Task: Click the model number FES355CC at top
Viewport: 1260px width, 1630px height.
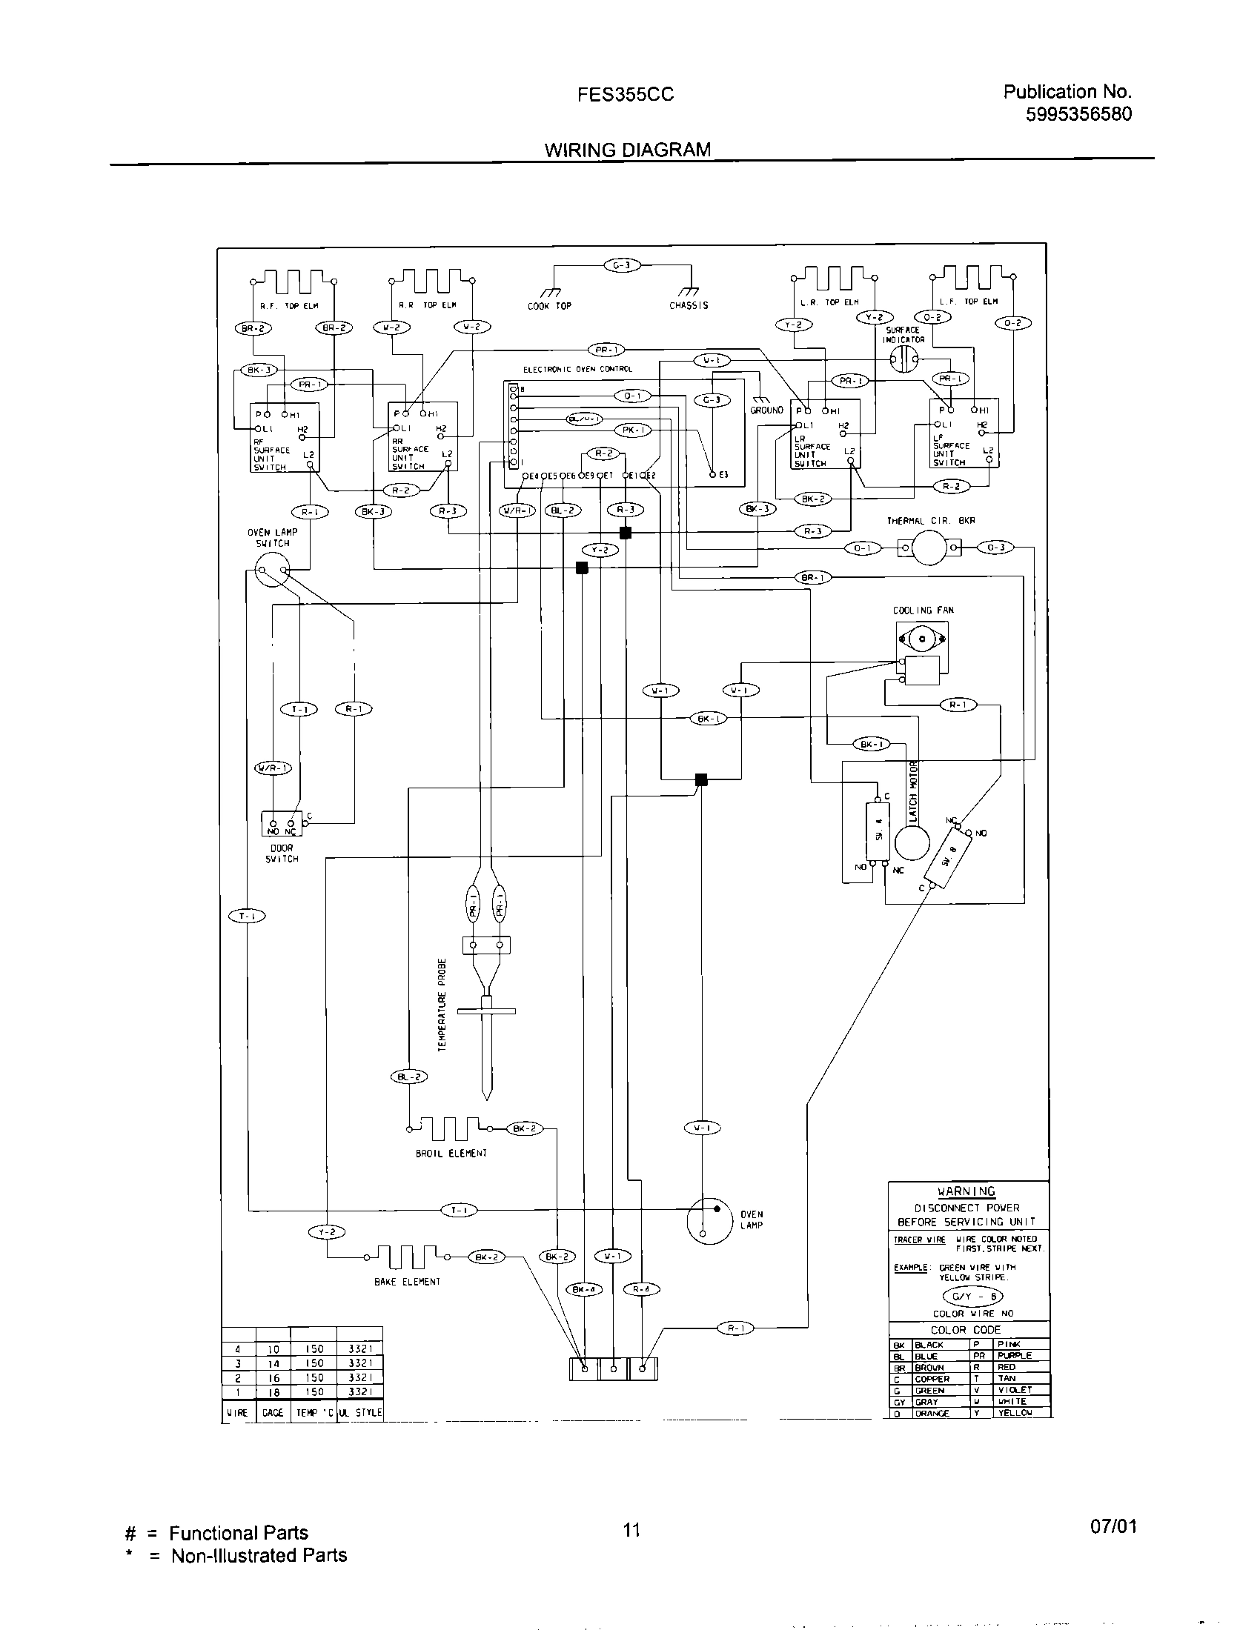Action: tap(626, 95)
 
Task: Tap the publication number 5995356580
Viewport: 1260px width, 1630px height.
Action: tap(1078, 113)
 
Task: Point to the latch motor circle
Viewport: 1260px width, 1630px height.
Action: tap(912, 844)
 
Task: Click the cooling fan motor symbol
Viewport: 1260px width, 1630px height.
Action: tap(922, 640)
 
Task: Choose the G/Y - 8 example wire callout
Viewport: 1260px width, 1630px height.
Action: tap(974, 1297)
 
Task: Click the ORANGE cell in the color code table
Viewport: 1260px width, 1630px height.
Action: tap(932, 1413)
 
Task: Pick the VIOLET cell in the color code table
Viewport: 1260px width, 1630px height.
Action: tap(1015, 1390)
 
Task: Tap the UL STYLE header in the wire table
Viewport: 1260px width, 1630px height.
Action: tap(359, 1412)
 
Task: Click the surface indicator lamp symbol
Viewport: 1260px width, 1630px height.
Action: tap(904, 359)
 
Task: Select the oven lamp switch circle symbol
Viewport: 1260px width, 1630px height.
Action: tap(272, 573)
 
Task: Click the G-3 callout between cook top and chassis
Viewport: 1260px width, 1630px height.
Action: tap(622, 265)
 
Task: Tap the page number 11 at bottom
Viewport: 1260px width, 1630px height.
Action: tap(631, 1530)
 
